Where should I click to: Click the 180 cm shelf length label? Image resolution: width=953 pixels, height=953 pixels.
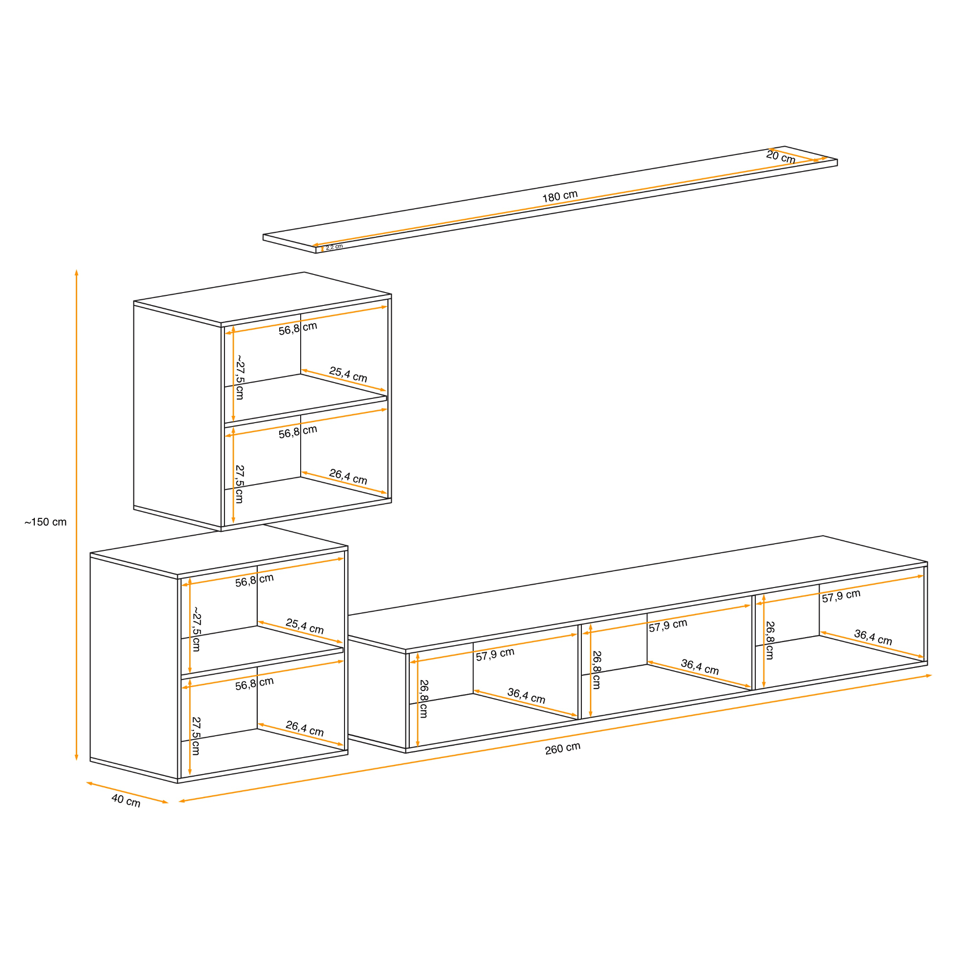(560, 196)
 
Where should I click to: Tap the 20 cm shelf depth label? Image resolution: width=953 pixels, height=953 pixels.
(781, 157)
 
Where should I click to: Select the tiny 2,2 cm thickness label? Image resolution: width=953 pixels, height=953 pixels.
(334, 247)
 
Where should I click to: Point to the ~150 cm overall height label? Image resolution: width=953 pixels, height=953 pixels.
(45, 522)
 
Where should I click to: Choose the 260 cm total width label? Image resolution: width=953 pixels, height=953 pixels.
(562, 748)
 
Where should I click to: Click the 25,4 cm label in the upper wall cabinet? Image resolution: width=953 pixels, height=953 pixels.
(348, 375)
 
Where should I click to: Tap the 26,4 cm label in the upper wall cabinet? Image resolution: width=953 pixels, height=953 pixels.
(348, 476)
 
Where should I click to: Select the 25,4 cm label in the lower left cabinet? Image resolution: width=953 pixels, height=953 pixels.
(305, 627)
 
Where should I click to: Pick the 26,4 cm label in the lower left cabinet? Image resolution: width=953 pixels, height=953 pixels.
(305, 729)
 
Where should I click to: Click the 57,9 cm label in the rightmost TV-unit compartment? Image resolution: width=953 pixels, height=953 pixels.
(841, 596)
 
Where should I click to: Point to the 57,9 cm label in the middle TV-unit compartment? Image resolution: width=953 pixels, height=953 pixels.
(668, 626)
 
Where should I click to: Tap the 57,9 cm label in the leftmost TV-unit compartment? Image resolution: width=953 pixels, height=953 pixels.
(495, 655)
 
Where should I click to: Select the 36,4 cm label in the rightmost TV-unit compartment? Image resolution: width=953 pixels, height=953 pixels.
(873, 637)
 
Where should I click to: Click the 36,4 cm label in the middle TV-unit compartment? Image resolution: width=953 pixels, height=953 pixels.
(700, 667)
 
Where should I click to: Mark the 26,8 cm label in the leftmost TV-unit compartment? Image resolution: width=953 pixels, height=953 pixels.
(424, 699)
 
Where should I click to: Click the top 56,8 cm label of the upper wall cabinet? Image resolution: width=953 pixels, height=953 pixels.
(298, 328)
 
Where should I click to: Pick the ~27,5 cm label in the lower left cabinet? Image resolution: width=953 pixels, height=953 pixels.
(196, 629)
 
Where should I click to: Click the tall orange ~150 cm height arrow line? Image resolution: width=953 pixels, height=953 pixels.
(76, 515)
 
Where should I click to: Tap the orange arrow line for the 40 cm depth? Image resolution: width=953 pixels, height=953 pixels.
(127, 793)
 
